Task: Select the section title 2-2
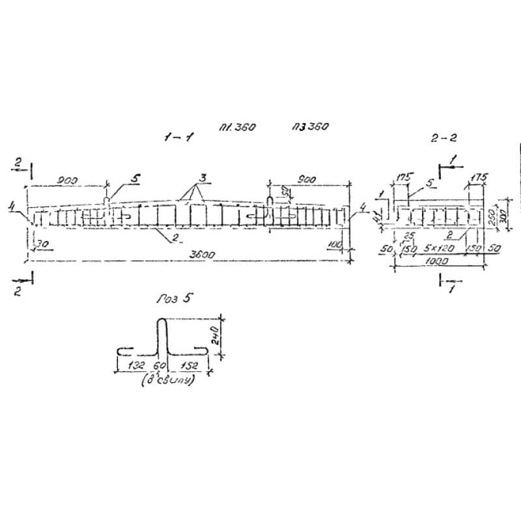[443, 137]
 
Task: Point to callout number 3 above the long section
[203, 177]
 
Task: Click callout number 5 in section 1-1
[134, 177]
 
